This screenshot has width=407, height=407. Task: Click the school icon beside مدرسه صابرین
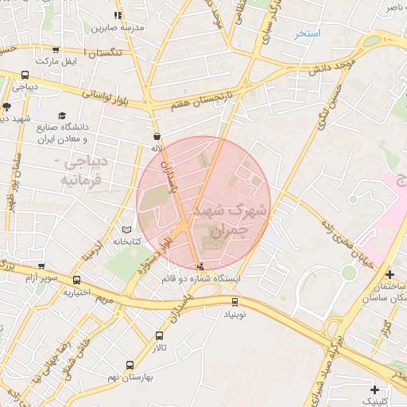click(x=118, y=15)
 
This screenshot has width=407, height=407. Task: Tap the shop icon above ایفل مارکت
click(x=55, y=49)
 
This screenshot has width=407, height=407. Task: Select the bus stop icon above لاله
click(x=157, y=136)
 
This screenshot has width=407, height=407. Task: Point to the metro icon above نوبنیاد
click(x=235, y=301)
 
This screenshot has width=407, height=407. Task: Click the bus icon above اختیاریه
click(x=77, y=280)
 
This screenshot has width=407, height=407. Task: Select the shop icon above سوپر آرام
click(x=41, y=266)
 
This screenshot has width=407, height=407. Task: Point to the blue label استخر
click(x=307, y=33)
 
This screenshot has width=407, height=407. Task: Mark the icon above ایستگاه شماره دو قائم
click(x=200, y=267)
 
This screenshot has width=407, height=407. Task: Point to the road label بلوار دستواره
click(x=155, y=254)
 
